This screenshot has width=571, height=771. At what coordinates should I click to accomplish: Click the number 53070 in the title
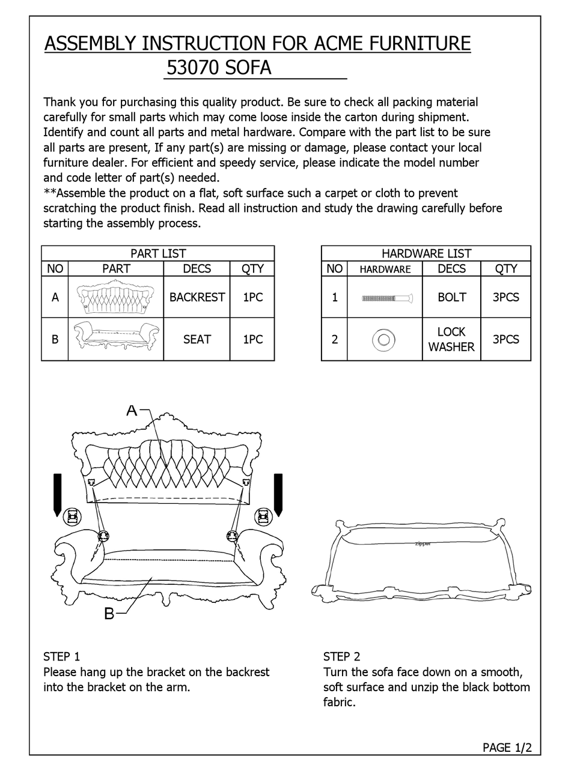pos(193,68)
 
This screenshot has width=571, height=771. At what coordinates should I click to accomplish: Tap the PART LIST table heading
pos(157,253)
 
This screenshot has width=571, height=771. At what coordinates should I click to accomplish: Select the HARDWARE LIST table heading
pos(426,253)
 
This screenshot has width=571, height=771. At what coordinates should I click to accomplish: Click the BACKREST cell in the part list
pos(197,297)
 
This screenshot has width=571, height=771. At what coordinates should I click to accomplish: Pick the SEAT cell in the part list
pos(197,339)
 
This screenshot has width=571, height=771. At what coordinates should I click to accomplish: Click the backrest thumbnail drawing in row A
pos(115,297)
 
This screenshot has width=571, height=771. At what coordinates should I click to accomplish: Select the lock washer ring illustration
pos(383,340)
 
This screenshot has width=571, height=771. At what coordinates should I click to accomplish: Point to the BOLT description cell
pos(451,297)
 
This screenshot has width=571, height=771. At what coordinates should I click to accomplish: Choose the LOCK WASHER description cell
pos(451,339)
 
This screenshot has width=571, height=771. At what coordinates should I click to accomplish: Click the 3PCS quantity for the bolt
pos(505,297)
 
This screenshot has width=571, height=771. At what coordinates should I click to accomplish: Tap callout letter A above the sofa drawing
pos(132,411)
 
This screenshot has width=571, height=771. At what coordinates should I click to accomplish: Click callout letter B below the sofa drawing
pos(109,614)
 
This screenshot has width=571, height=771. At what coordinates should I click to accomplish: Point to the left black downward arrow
pos(58,495)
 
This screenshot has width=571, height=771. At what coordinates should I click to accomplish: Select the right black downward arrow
pos(278,495)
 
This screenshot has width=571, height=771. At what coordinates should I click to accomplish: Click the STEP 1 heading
pos(61,656)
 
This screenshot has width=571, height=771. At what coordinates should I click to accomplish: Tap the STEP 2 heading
pos(341,656)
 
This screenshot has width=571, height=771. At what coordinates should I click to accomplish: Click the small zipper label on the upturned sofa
pos(423,544)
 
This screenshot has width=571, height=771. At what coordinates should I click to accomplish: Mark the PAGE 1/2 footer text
pos(507,748)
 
